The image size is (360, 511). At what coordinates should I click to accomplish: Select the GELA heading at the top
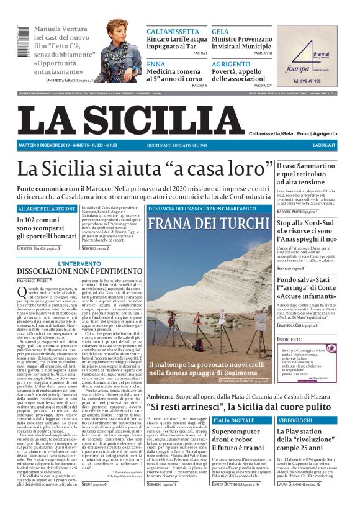click(220, 31)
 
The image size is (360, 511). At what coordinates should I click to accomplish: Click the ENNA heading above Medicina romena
click(156, 64)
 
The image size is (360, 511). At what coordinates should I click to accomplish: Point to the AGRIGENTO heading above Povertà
click(231, 64)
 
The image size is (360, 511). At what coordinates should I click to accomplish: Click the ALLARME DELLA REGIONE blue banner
click(47, 209)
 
